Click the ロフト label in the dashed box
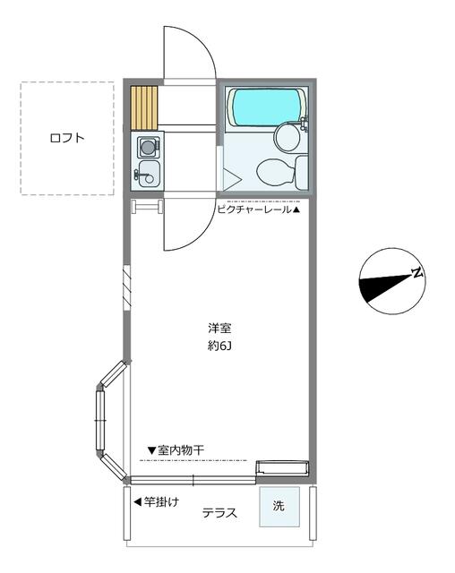click(67, 138)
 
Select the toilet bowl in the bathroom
click(276, 172)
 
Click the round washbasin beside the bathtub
click(287, 138)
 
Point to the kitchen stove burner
click(148, 148)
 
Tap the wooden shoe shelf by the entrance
click(144, 108)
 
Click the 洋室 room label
click(219, 328)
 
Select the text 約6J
click(219, 346)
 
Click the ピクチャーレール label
click(254, 210)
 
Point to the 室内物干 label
click(181, 450)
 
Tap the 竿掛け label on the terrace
click(161, 501)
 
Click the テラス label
click(219, 513)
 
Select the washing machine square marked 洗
click(279, 507)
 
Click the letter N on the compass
click(417, 272)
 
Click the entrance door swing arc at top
click(202, 43)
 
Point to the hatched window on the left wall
click(127, 288)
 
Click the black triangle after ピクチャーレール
click(296, 210)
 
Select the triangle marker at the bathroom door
click(231, 179)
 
